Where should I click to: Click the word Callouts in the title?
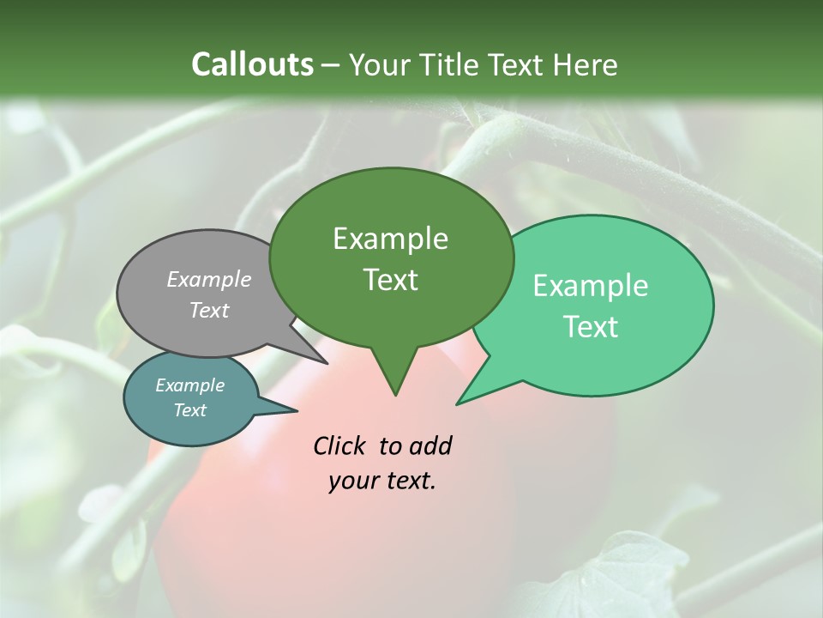point(252,64)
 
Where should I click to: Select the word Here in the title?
point(586,64)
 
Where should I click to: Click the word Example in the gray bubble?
point(209,279)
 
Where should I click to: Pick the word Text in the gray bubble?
point(209,310)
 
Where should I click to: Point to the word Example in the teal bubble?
point(189,385)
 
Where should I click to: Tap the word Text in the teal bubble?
point(189,410)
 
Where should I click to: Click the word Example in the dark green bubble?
point(390,239)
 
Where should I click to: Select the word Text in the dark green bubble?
point(390,280)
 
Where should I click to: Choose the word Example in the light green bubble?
point(591,286)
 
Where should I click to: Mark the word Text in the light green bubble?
point(591,327)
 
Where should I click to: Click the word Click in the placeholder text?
point(341,445)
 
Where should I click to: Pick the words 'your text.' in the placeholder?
point(382,481)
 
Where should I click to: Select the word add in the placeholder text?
point(430,445)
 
